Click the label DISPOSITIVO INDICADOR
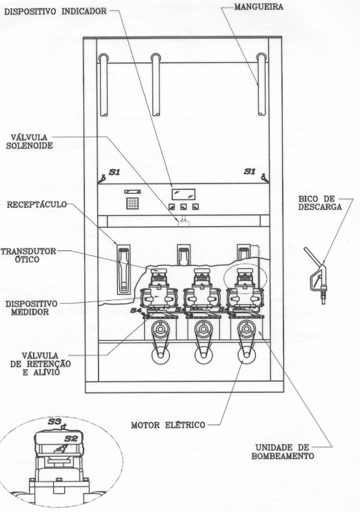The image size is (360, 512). (x=55, y=11)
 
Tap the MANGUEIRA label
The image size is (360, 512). (x=259, y=6)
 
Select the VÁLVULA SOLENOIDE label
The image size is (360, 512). (x=30, y=141)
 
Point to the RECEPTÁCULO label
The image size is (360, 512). (x=37, y=205)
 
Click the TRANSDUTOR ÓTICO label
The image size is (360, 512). (x=28, y=255)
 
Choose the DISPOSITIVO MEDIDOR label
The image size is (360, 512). (x=31, y=308)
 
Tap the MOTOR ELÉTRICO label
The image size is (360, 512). (x=168, y=425)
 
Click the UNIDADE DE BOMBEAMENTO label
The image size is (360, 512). (x=283, y=452)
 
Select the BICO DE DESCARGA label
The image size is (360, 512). (x=319, y=203)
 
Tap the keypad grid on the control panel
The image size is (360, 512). (x=132, y=203)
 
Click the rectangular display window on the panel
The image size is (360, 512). (x=183, y=194)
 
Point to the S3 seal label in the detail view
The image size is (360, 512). (x=54, y=422)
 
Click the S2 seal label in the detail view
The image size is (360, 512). (x=71, y=438)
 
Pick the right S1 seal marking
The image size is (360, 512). (x=250, y=171)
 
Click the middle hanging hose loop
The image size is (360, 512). (x=156, y=84)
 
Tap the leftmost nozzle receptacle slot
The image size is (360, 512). (x=123, y=269)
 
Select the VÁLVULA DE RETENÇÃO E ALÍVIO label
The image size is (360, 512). (x=41, y=364)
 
